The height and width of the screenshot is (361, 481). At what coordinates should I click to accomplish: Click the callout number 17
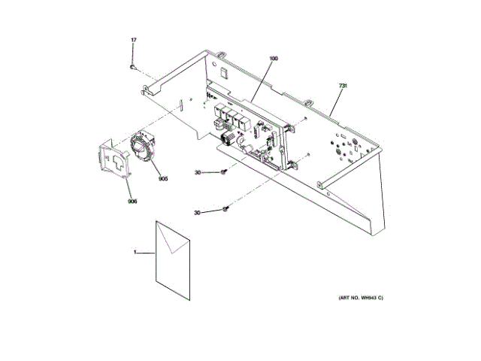[x=134, y=39]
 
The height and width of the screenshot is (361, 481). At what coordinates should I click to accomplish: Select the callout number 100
[x=273, y=58]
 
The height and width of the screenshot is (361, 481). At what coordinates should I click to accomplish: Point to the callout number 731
[x=342, y=87]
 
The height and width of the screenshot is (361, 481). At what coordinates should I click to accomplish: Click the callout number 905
[x=162, y=178]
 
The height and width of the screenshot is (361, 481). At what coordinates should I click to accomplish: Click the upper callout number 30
[x=198, y=173]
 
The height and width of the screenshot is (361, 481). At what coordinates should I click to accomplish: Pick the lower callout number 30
[x=198, y=213]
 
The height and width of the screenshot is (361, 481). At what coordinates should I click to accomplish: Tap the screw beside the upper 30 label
[x=224, y=173]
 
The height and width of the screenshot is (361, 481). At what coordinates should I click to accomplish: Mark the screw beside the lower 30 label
[x=225, y=209]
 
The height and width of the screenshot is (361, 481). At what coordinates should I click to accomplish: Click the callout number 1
[x=136, y=253]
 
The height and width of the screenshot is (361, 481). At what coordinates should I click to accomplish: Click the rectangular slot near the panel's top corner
[x=224, y=73]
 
